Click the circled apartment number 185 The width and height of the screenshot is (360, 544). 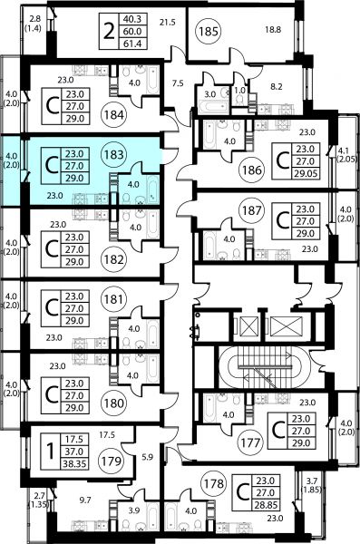coord(209,32)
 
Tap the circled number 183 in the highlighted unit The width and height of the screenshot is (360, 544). coord(114,154)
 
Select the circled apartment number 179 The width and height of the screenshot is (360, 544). coord(112,461)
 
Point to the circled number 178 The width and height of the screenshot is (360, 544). coord(214,483)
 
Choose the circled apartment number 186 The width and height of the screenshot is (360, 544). coord(252,170)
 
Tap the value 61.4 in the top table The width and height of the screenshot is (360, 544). coord(132,44)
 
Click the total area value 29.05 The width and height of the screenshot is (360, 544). coord(306,173)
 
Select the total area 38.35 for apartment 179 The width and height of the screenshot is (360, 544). coord(74,463)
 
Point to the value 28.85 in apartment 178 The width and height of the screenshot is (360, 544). coord(266,505)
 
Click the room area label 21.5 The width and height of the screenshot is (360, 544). coord(168,23)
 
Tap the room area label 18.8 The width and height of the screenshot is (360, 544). coord(273,30)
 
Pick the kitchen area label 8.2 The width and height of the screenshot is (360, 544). coord(277,86)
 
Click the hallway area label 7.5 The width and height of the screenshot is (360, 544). coord(178,83)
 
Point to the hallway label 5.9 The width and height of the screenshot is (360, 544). coord(148,457)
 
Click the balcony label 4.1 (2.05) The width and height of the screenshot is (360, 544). coord(347,155)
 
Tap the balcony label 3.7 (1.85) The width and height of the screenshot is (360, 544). coord(312,485)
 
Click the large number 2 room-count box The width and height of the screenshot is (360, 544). coord(109,32)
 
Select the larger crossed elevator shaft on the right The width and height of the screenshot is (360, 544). coord(287,326)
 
